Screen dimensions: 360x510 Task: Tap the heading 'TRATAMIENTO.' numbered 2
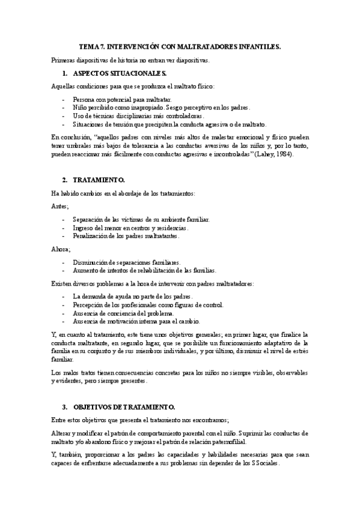99,179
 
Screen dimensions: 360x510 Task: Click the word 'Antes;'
61,206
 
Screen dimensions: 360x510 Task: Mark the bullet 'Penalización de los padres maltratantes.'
126,236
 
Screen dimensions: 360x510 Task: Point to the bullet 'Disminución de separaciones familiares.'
126,262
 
